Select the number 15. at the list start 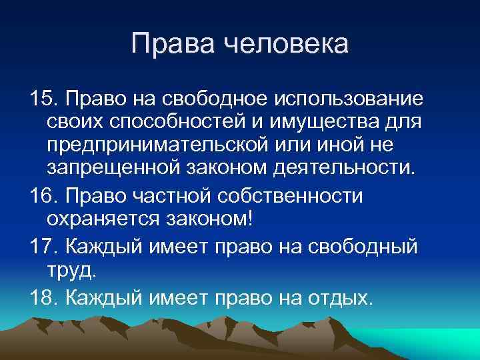(44, 99)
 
